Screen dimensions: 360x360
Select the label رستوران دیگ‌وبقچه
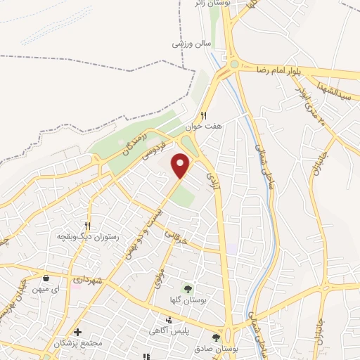(x=86, y=237)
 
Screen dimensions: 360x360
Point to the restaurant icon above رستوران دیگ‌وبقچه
(x=87, y=226)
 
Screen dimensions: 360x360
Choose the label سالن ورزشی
(x=191, y=43)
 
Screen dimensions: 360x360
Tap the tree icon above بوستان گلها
(x=188, y=288)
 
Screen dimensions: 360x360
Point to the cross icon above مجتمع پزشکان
(x=77, y=332)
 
